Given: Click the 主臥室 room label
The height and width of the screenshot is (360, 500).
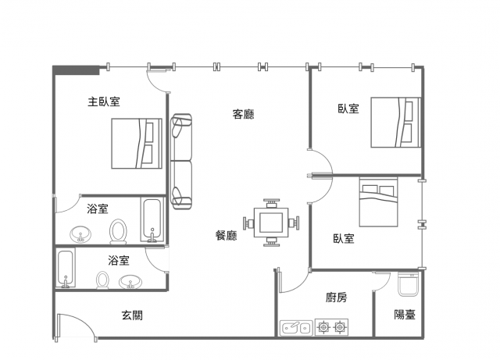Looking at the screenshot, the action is coord(104,102).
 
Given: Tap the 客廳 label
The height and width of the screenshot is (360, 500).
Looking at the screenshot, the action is coord(243,114).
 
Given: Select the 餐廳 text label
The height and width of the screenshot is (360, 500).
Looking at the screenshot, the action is coord(226,235).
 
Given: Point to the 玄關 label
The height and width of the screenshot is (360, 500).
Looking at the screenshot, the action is coord(132,315).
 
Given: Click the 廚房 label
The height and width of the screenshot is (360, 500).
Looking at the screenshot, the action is coord(336,298).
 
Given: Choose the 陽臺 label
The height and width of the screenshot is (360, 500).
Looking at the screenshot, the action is coord(405,315).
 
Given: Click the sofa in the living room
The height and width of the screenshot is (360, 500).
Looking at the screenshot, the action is coord(181,162).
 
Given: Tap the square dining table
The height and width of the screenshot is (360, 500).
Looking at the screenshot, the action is coord(271,223).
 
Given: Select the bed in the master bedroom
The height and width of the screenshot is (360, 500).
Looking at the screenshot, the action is coord(137,144).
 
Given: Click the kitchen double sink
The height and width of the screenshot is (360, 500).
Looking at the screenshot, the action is coord(296,327).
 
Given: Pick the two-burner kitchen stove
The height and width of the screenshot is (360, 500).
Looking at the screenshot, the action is coord(331,327).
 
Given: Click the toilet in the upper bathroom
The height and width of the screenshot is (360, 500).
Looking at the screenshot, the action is coord(118,231).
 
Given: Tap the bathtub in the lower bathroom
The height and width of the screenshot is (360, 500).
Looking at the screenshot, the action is coord(66,269).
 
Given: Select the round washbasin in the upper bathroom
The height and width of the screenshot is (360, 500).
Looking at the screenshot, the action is coord(80,234).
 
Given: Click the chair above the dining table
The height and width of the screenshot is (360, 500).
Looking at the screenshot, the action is coord(271,203).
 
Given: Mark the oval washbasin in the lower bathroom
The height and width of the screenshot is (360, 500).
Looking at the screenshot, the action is coord(130,282).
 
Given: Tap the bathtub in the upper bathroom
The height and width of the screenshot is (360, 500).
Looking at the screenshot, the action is coord(152,220).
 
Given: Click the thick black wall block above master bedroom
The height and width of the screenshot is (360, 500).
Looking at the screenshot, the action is coord(76,70).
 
